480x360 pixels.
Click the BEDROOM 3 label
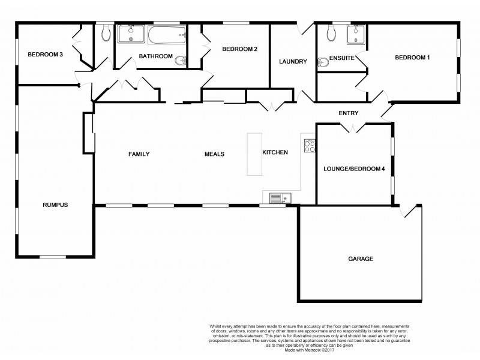tap(45, 55)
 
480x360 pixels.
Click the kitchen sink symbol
tap(280, 197)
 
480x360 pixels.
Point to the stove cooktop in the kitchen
tap(310, 145)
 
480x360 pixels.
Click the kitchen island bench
tap(254, 154)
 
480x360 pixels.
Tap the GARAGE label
tap(361, 259)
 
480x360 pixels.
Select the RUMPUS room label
tap(55, 205)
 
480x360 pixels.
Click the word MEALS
tap(214, 154)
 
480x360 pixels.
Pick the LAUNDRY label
tap(293, 62)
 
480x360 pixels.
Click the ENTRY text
tap(348, 113)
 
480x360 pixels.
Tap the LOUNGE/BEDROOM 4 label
tap(353, 170)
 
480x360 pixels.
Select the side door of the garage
tap(412, 211)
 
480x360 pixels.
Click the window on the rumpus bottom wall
tap(53, 257)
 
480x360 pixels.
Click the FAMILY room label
tap(139, 154)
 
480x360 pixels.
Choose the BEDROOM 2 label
tap(239, 49)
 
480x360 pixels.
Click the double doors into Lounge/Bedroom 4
tap(354, 127)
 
